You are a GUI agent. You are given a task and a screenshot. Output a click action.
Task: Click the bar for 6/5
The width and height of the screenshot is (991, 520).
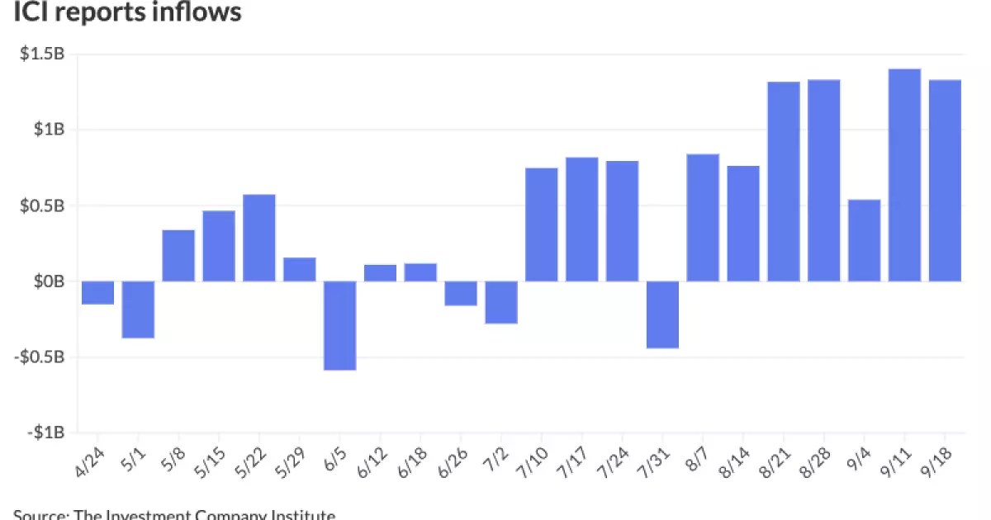pyautogui.click(x=339, y=325)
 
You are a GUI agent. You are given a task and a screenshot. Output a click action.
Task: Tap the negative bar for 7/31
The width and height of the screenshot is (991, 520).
pyautogui.click(x=662, y=314)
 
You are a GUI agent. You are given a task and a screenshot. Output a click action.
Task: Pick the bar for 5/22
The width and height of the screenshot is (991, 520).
pyautogui.click(x=259, y=238)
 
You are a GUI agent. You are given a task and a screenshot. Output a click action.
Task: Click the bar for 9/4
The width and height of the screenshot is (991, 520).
pyautogui.click(x=864, y=240)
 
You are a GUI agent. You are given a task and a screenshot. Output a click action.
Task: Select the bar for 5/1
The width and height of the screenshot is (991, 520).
pyautogui.click(x=138, y=310)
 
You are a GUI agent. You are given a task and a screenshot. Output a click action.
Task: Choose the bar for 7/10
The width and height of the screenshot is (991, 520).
pyautogui.click(x=542, y=225)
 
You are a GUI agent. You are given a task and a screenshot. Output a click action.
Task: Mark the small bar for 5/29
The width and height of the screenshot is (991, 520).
pyautogui.click(x=300, y=269)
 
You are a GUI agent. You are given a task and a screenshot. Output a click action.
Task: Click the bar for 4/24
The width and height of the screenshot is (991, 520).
pyautogui.click(x=97, y=292)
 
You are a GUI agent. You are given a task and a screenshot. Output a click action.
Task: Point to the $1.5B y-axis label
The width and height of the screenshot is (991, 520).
pyautogui.click(x=41, y=54)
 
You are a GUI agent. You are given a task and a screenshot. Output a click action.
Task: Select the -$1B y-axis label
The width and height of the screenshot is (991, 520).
pyautogui.click(x=44, y=433)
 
